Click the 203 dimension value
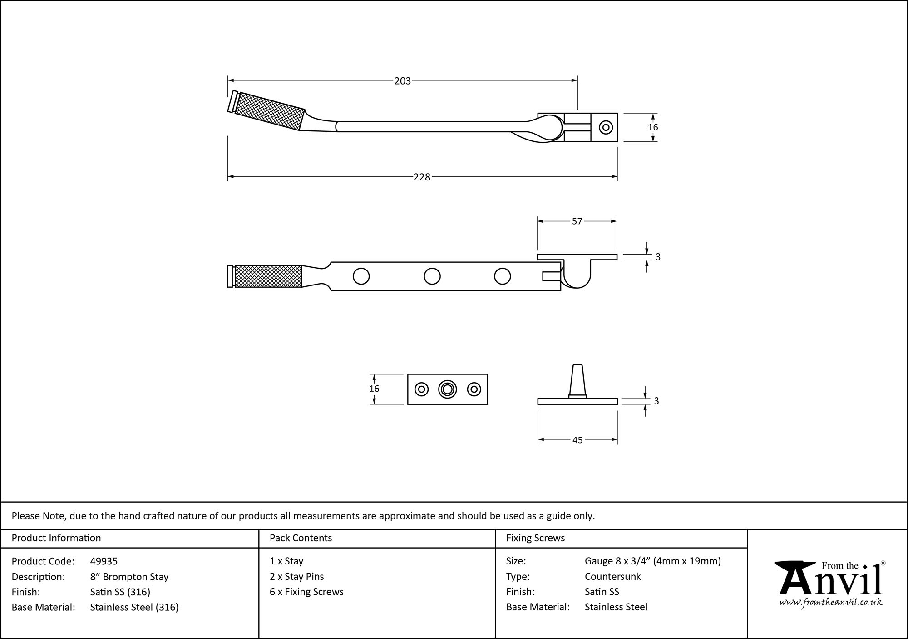402,81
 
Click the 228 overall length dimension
421,177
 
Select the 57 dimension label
577,221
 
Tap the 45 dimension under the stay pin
577,440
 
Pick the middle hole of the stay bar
432,276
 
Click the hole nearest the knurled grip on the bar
361,276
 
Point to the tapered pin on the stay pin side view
577,380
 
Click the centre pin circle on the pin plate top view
447,389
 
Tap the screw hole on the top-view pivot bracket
606,127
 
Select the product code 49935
104,561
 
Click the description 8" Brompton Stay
129,577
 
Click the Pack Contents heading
301,538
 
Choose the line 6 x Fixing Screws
306,592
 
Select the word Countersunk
612,576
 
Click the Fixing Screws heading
535,538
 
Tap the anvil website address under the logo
831,603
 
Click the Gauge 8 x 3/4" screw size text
652,561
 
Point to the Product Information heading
56,538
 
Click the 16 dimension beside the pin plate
374,389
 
